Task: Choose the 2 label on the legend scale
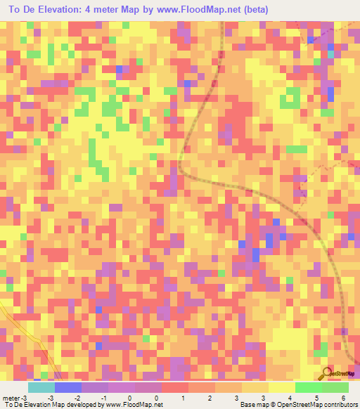pos(202,398)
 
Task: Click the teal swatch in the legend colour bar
pos(41,387)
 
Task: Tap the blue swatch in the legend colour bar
pos(67,387)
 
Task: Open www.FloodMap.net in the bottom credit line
pos(134,405)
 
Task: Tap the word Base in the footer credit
pos(246,405)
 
